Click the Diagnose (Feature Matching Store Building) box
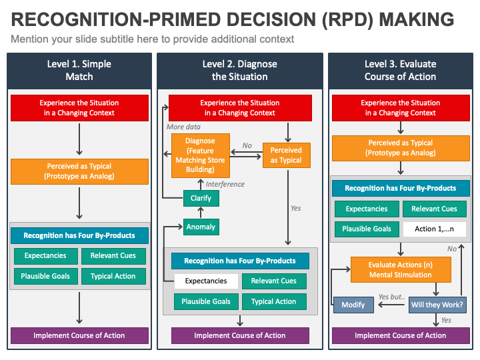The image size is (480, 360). [x=201, y=155]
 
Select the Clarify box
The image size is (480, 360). [x=201, y=198]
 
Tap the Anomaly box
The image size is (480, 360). [x=201, y=227]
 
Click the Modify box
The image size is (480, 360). [x=353, y=305]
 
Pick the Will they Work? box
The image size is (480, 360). [x=437, y=305]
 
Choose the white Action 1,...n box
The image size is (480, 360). [x=434, y=229]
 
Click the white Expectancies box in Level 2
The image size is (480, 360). [x=205, y=281]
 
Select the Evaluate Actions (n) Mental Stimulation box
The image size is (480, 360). [x=400, y=269]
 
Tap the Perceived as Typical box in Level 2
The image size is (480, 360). [x=286, y=155]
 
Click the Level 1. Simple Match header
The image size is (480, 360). [x=79, y=70]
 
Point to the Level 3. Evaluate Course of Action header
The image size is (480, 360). [x=400, y=70]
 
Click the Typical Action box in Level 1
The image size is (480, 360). [x=113, y=276]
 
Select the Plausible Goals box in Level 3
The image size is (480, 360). [x=366, y=229]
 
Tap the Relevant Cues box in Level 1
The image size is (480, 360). [x=113, y=255]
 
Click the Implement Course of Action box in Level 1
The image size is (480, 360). [x=79, y=335]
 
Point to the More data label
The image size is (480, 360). [x=183, y=127]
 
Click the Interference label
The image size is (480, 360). [x=225, y=184]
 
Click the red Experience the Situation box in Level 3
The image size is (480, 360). [x=400, y=108]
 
